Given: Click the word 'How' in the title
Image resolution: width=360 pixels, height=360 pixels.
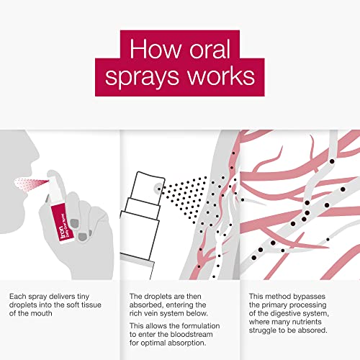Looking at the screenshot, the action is (x=156, y=49).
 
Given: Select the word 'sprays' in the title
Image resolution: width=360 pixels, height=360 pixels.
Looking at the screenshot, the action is (x=142, y=78).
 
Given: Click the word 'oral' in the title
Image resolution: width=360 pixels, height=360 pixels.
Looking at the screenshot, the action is (x=210, y=49).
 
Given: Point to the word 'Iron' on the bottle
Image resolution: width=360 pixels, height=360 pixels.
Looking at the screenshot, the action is (x=62, y=232).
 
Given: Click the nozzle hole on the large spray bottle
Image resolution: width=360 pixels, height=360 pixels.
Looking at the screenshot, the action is (x=159, y=188).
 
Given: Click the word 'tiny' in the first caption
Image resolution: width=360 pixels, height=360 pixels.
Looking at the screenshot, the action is (x=84, y=297).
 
